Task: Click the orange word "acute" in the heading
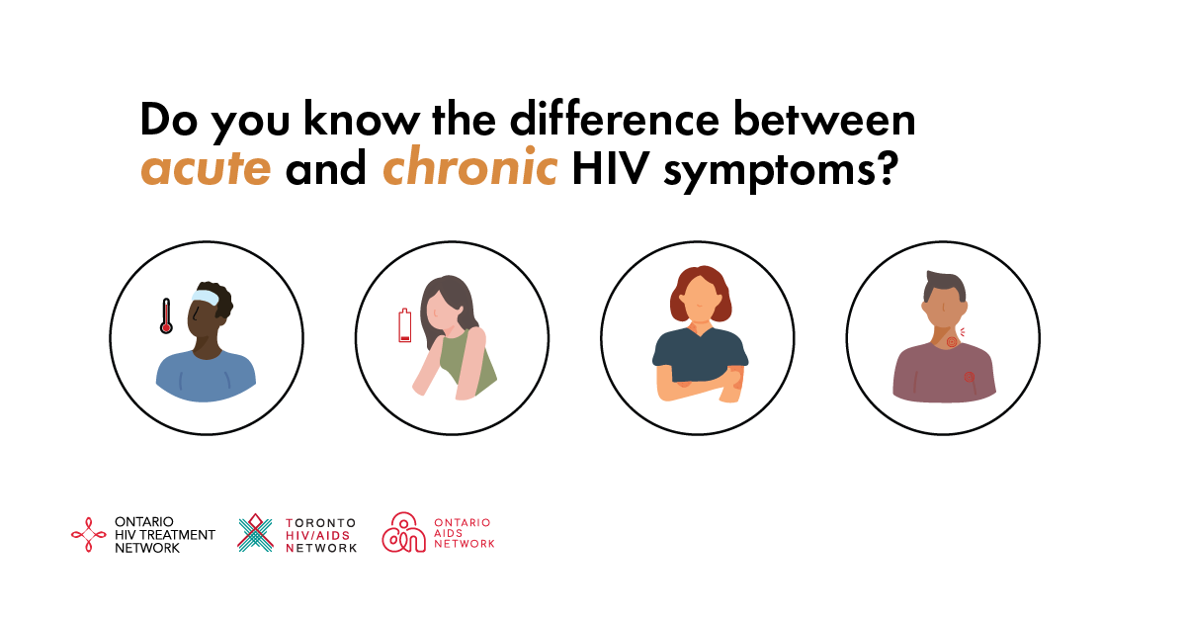click(x=206, y=168)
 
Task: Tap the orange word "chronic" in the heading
click(x=469, y=166)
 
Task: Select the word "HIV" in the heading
click(x=611, y=168)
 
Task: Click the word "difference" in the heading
click(x=614, y=118)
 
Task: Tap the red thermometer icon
click(x=166, y=315)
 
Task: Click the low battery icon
click(x=404, y=325)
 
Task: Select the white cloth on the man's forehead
click(x=205, y=296)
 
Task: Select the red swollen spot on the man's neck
click(x=952, y=341)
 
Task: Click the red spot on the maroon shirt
click(x=969, y=377)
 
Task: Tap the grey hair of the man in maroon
click(x=945, y=286)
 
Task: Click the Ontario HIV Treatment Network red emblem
click(x=88, y=535)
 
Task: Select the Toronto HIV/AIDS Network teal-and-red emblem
click(x=255, y=533)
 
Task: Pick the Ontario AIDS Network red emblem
click(x=403, y=532)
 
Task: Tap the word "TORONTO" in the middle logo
click(x=321, y=523)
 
